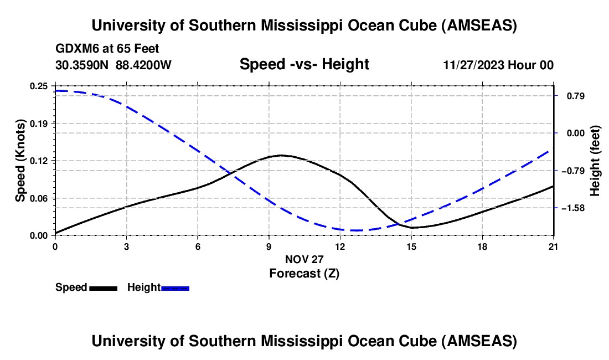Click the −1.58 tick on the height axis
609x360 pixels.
point(574,208)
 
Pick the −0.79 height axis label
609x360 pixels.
point(574,171)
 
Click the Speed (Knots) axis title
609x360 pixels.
point(20,161)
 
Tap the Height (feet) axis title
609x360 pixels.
point(595,161)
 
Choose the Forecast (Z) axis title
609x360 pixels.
point(304,273)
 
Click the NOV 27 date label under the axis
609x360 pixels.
point(304,259)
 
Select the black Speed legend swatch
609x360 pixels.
point(103,287)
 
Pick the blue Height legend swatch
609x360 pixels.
point(175,287)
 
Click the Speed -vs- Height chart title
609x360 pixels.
point(304,65)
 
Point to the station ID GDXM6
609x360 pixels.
point(75,49)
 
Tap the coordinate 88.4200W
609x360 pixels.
point(143,65)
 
